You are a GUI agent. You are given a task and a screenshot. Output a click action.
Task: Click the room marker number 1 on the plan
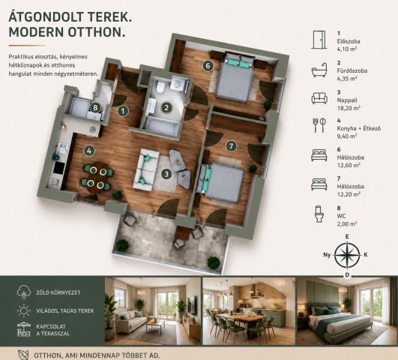click(x=123, y=111)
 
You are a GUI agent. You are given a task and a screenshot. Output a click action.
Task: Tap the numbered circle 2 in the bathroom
click(x=166, y=107)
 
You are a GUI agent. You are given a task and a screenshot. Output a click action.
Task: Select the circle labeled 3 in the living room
click(x=166, y=174)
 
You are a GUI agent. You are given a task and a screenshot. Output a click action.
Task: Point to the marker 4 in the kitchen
click(x=89, y=151)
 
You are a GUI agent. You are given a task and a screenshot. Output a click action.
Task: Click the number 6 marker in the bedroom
click(x=208, y=66)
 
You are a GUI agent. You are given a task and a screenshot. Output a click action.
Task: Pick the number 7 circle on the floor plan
click(x=231, y=146)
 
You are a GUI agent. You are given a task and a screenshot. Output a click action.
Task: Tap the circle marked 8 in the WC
click(x=95, y=107)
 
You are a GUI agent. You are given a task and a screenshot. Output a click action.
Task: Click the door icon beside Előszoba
click(x=319, y=40)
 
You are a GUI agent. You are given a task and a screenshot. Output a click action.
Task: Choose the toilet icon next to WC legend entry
click(x=319, y=214)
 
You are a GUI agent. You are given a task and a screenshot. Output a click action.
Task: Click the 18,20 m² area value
click(x=349, y=108)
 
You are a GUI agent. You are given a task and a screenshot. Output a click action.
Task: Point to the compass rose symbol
click(x=347, y=255)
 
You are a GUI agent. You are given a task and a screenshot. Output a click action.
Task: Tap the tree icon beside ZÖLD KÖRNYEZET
click(x=23, y=292)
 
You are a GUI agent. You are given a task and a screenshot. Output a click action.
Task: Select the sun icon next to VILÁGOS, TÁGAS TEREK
click(x=23, y=310)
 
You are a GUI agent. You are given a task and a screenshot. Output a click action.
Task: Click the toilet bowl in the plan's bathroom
click(x=160, y=87)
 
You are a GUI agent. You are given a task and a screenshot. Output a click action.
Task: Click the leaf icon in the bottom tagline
click(x=23, y=355)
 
